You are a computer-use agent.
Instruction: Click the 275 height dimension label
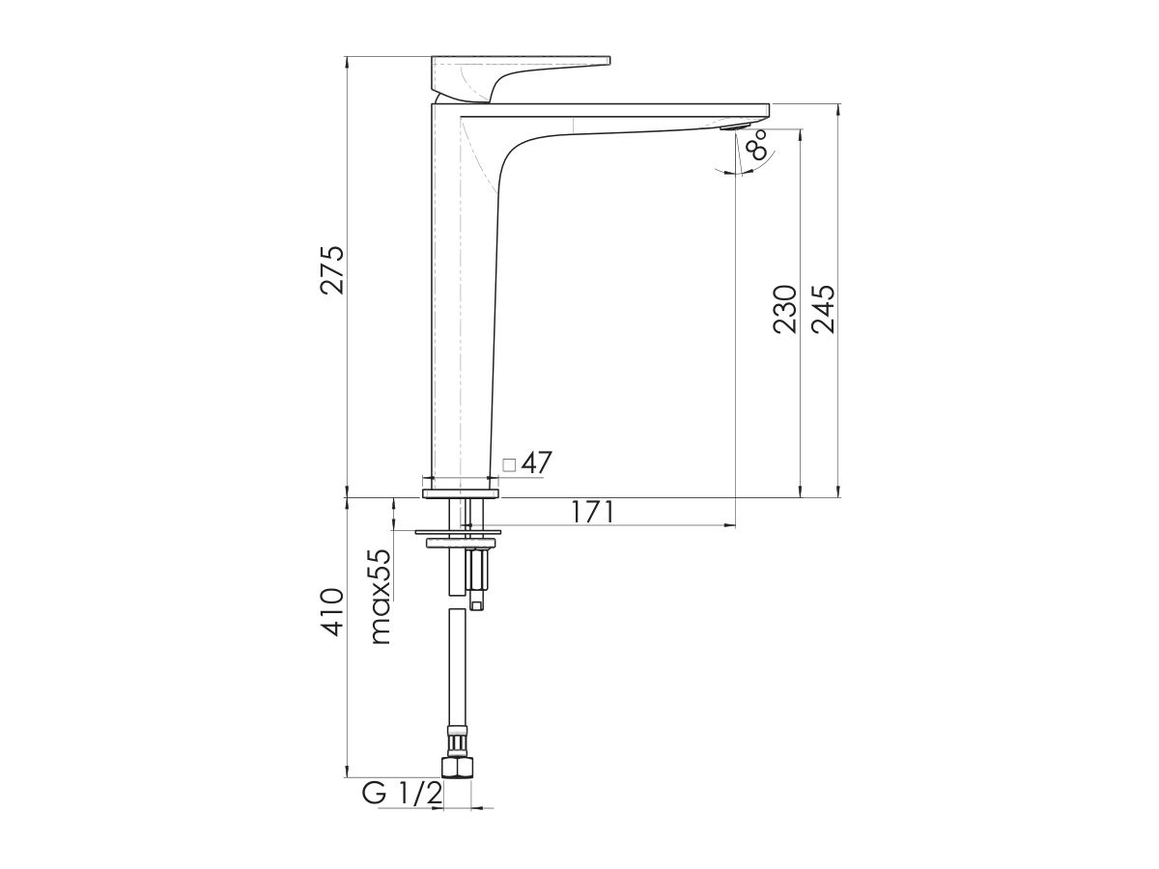(332, 269)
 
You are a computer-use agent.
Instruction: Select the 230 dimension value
(784, 309)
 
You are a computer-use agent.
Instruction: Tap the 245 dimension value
(823, 309)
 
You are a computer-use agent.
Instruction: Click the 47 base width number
(536, 463)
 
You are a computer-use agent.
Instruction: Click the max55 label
(380, 596)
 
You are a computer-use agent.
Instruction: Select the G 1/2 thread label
(403, 794)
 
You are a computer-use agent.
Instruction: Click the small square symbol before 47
(510, 464)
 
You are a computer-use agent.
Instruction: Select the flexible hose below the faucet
(457, 676)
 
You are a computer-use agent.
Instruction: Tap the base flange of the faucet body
(462, 493)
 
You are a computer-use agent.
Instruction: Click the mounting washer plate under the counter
(459, 531)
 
